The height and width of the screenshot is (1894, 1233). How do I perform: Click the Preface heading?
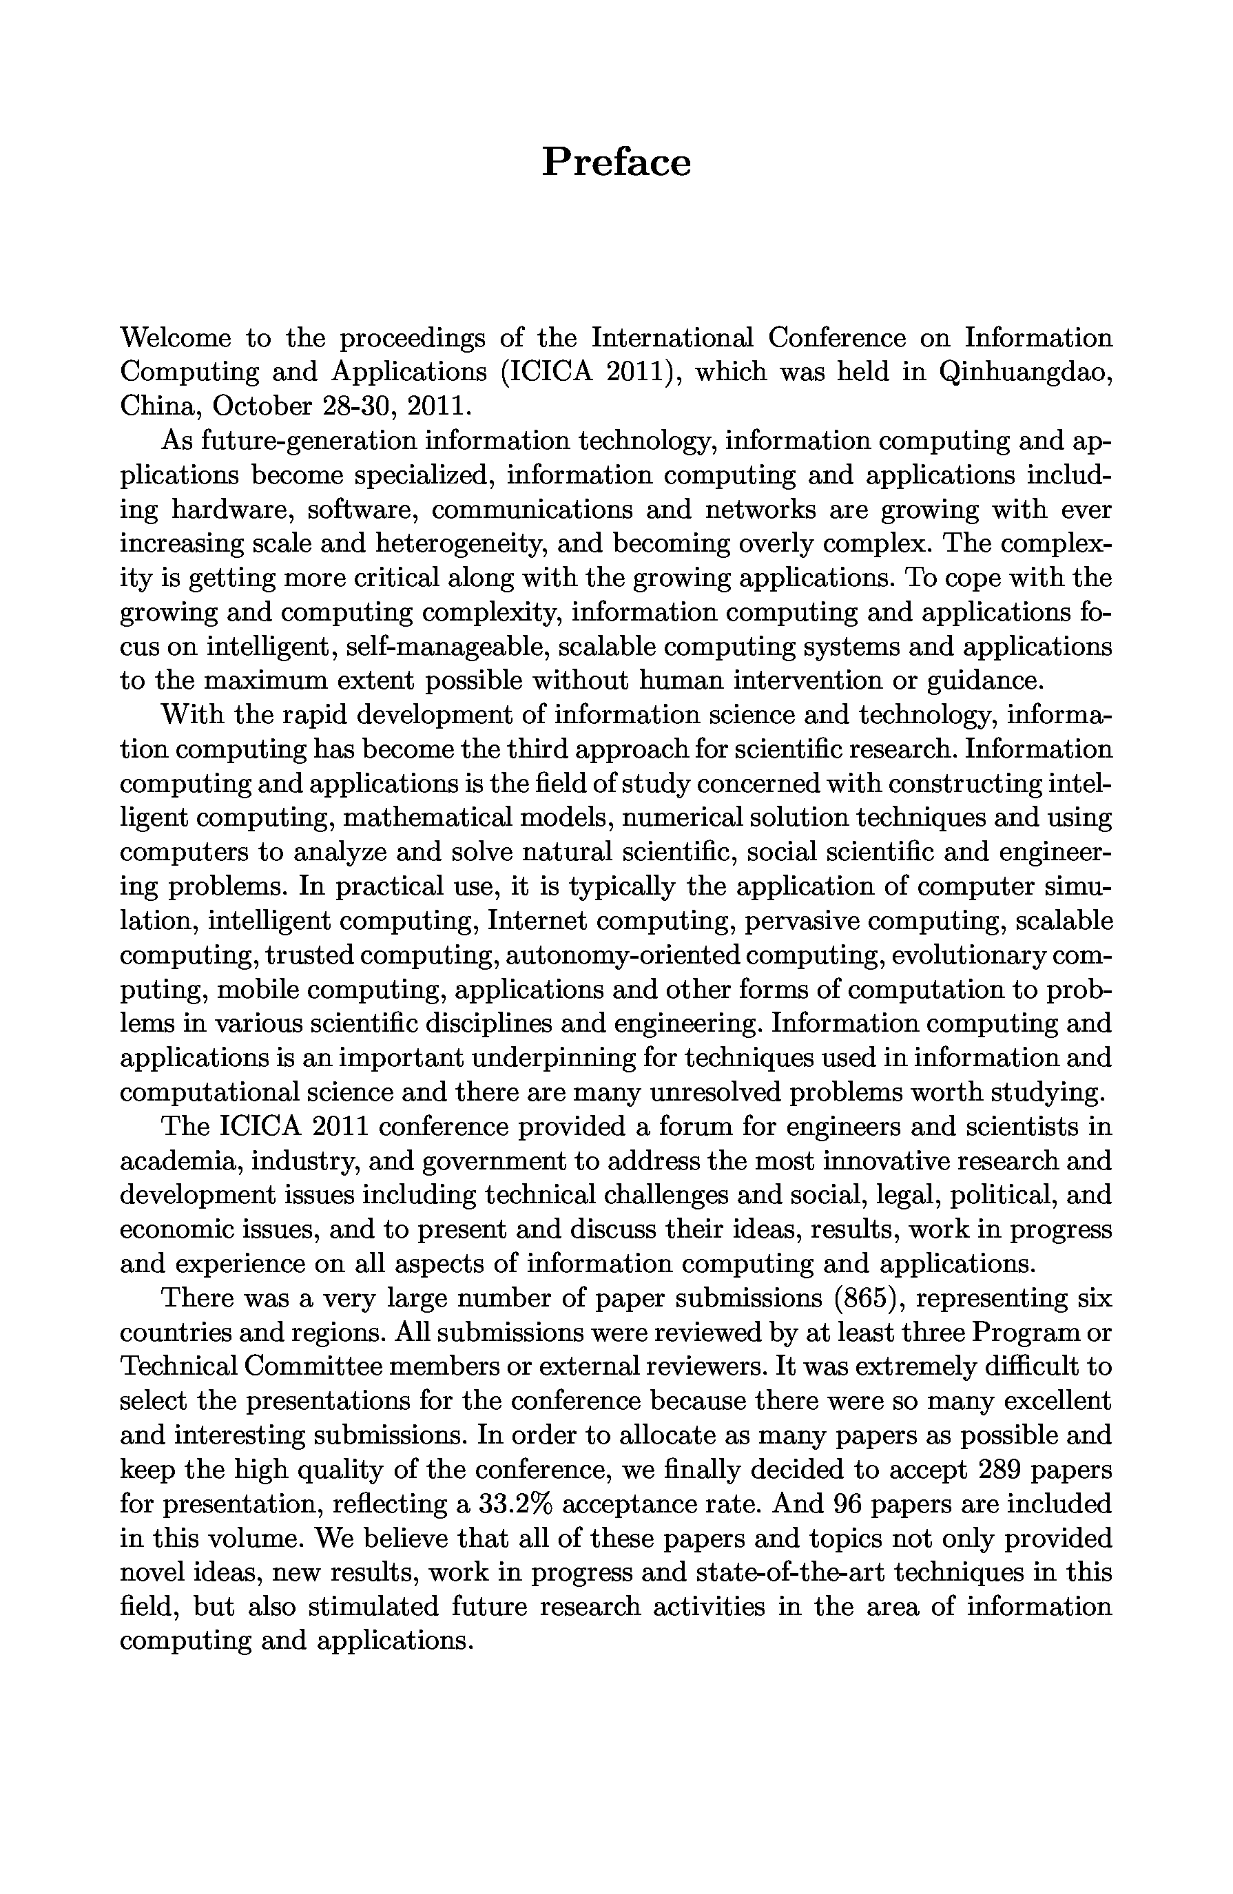point(616,163)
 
